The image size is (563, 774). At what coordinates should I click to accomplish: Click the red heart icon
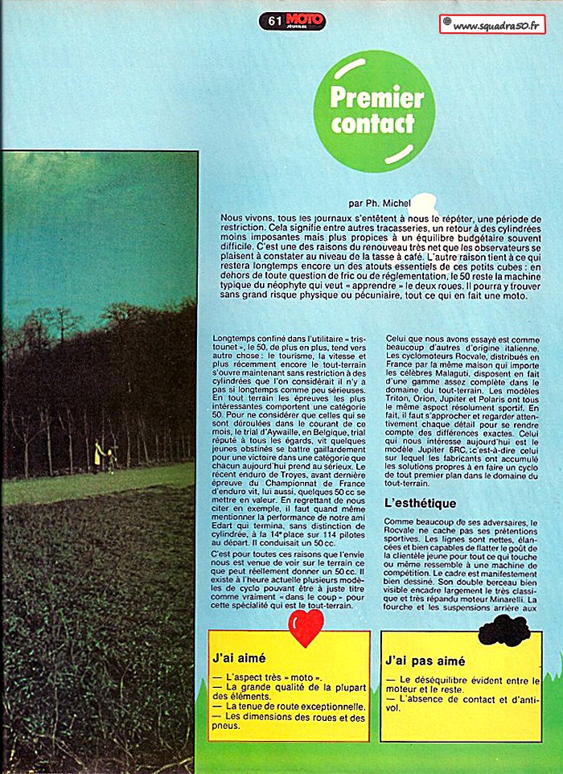click(x=306, y=627)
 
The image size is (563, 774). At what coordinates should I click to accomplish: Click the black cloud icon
click(x=503, y=631)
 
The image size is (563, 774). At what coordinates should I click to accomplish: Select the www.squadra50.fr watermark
click(x=493, y=25)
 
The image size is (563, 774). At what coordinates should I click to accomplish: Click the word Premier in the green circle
click(x=376, y=98)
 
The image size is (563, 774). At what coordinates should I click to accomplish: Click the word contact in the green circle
click(x=372, y=125)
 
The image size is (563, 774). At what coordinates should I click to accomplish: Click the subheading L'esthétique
click(x=421, y=503)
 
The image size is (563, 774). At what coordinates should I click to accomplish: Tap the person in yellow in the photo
click(x=98, y=453)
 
